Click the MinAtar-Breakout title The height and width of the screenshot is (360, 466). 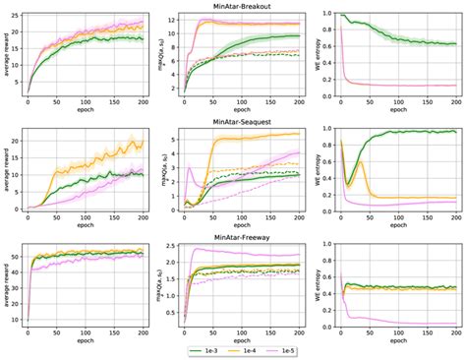pyautogui.click(x=233, y=7)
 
